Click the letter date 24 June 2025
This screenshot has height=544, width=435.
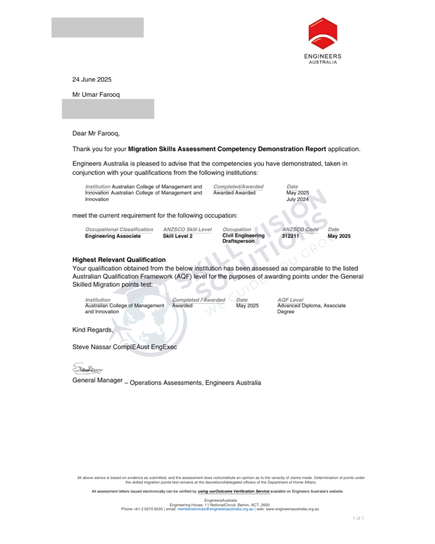coord(92,80)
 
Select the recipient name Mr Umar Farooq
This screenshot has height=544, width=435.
coord(96,95)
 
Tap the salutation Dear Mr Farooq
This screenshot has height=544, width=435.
coord(96,133)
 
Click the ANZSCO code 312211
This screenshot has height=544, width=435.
coord(290,236)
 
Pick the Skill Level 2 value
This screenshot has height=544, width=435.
coord(178,236)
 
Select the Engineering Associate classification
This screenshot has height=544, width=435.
coord(113,236)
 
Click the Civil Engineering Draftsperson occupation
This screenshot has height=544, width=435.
coord(243,239)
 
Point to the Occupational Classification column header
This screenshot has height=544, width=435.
coord(119,230)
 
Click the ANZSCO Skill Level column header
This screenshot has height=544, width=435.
coord(187,230)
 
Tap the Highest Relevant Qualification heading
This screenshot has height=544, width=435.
coord(119,260)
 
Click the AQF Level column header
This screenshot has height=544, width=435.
coord(290,300)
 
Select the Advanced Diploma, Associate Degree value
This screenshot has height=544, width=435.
coord(311,309)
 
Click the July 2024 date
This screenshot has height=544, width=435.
coord(297,199)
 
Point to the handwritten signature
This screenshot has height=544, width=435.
coord(87,368)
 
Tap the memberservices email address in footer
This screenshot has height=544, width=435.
coord(215,509)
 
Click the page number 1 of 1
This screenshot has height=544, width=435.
coord(358,519)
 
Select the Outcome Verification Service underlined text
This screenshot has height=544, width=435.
coord(234,492)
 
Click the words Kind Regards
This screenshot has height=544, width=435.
coord(92,330)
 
